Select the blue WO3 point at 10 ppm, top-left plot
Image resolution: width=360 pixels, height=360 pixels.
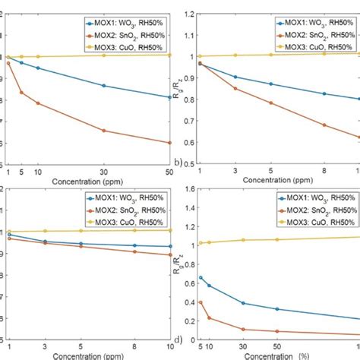[x=38, y=68]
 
